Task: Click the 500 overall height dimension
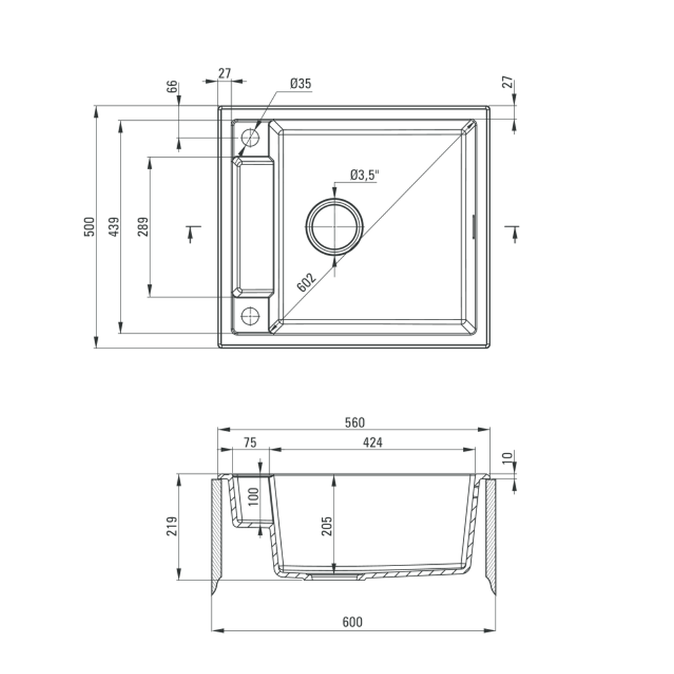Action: click(89, 226)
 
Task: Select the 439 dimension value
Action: click(114, 226)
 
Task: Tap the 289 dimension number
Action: click(143, 226)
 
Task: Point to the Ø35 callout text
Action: click(301, 83)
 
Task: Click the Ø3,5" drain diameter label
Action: click(365, 175)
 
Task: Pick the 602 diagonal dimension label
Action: click(307, 282)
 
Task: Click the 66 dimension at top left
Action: click(171, 86)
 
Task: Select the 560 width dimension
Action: click(355, 423)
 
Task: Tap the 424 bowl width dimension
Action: click(373, 442)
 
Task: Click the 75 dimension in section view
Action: click(250, 442)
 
